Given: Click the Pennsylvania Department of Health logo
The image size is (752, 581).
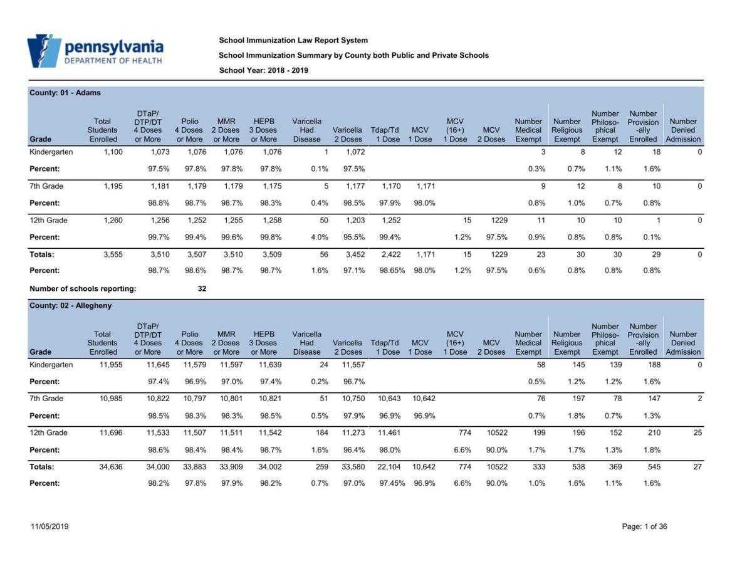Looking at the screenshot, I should coord(95,51).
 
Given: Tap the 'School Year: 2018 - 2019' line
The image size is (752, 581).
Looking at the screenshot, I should coord(263,70).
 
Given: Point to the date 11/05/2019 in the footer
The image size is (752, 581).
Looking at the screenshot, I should coord(50,526).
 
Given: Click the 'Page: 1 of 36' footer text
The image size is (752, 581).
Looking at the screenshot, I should coord(644,526).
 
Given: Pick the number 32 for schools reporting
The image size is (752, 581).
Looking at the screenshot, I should coord(202,289).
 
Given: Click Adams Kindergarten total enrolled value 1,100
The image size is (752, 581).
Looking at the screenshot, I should coord(113,152).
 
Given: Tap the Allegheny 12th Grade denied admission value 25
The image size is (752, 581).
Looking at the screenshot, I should coord(697,433).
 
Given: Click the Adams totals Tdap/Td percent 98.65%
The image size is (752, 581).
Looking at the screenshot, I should coord(392,271).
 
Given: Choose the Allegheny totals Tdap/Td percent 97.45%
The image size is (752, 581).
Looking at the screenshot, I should coord(392,483).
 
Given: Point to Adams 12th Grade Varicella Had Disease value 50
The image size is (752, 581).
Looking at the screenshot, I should coord(323,221).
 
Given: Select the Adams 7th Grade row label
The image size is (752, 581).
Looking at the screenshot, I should coord(46,186).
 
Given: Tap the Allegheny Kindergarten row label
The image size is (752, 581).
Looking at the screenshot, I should coord(51,365).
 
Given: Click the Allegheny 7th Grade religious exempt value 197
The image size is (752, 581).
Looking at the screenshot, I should coord(578,399).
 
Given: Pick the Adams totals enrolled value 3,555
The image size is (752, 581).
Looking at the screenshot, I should coord(113,254).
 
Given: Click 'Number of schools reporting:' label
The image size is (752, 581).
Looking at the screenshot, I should coord(83,289).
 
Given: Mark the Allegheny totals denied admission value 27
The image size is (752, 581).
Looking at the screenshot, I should coord(697,467).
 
